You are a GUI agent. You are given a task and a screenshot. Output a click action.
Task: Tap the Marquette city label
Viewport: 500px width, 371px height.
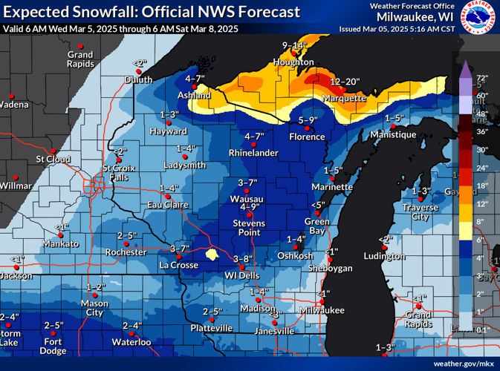tap(344, 98)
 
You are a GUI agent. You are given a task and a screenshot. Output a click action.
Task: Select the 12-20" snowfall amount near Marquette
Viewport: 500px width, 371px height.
tap(344, 81)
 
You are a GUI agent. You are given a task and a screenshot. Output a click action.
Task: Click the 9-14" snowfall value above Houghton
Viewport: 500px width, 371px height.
tap(295, 45)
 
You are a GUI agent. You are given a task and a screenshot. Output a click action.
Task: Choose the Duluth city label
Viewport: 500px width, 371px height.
tap(138, 79)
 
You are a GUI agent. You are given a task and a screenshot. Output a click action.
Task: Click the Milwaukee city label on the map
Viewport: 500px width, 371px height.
tap(322, 309)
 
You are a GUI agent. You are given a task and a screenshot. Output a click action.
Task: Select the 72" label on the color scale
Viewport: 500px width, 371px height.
tap(481, 78)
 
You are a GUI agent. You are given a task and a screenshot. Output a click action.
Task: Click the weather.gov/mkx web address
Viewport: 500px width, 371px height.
tap(463, 363)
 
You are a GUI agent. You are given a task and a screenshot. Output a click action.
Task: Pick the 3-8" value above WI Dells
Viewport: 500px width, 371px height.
tap(244, 258)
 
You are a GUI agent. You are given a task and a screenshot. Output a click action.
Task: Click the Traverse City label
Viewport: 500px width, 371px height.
tap(421, 212)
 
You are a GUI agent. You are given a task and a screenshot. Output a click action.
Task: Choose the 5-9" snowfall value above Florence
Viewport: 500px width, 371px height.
tap(308, 120)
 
